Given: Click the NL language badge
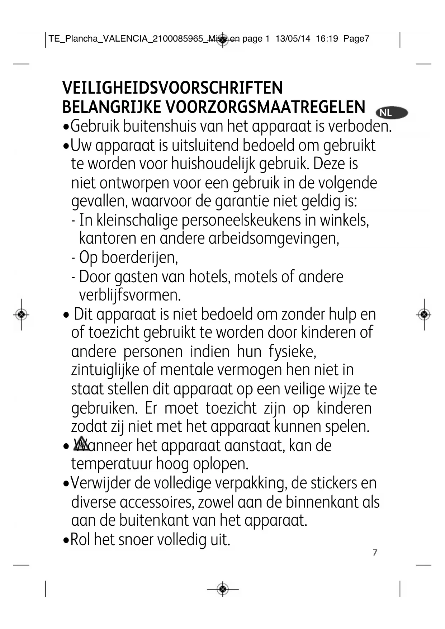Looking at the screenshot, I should pyautogui.click(x=392, y=113).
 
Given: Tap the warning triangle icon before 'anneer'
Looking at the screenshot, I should pyautogui.click(x=82, y=444).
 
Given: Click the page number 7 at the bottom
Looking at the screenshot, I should pyautogui.click(x=375, y=552).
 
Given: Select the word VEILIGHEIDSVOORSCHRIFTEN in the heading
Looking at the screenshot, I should pyautogui.click(x=172, y=88).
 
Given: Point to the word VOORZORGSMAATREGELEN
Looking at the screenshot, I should pyautogui.click(x=265, y=107).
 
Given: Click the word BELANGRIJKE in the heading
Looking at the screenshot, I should pyautogui.click(x=111, y=107).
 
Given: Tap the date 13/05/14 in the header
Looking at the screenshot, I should pyautogui.click(x=293, y=39).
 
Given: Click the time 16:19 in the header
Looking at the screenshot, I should pyautogui.click(x=327, y=39).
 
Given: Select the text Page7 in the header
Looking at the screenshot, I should pyautogui.click(x=356, y=39).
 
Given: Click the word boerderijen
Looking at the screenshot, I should pyautogui.click(x=139, y=257).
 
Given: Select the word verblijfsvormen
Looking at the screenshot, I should pyautogui.click(x=130, y=295).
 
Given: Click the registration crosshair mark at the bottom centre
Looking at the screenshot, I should pyautogui.click(x=223, y=589).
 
